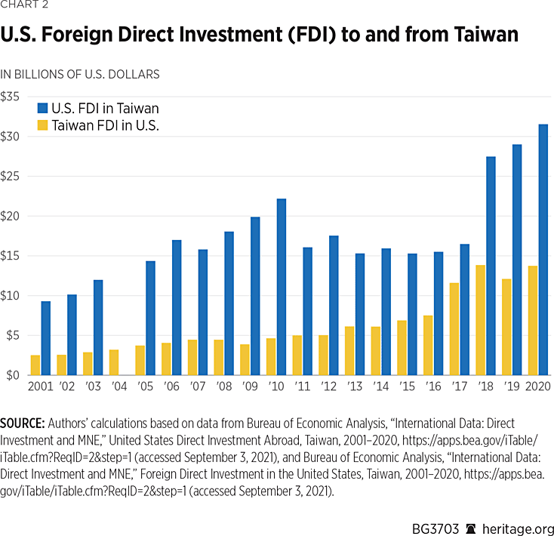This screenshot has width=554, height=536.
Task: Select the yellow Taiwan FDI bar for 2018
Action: (480, 320)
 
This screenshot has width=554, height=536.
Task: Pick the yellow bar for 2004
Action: (113, 362)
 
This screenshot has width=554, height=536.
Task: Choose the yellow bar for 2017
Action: (454, 329)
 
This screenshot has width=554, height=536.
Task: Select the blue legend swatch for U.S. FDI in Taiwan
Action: (43, 108)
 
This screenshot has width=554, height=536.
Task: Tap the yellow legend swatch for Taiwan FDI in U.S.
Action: (43, 125)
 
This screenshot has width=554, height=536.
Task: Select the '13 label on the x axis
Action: (355, 387)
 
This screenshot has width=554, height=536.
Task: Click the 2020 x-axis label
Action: (536, 387)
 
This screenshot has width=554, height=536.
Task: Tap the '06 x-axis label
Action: (172, 387)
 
